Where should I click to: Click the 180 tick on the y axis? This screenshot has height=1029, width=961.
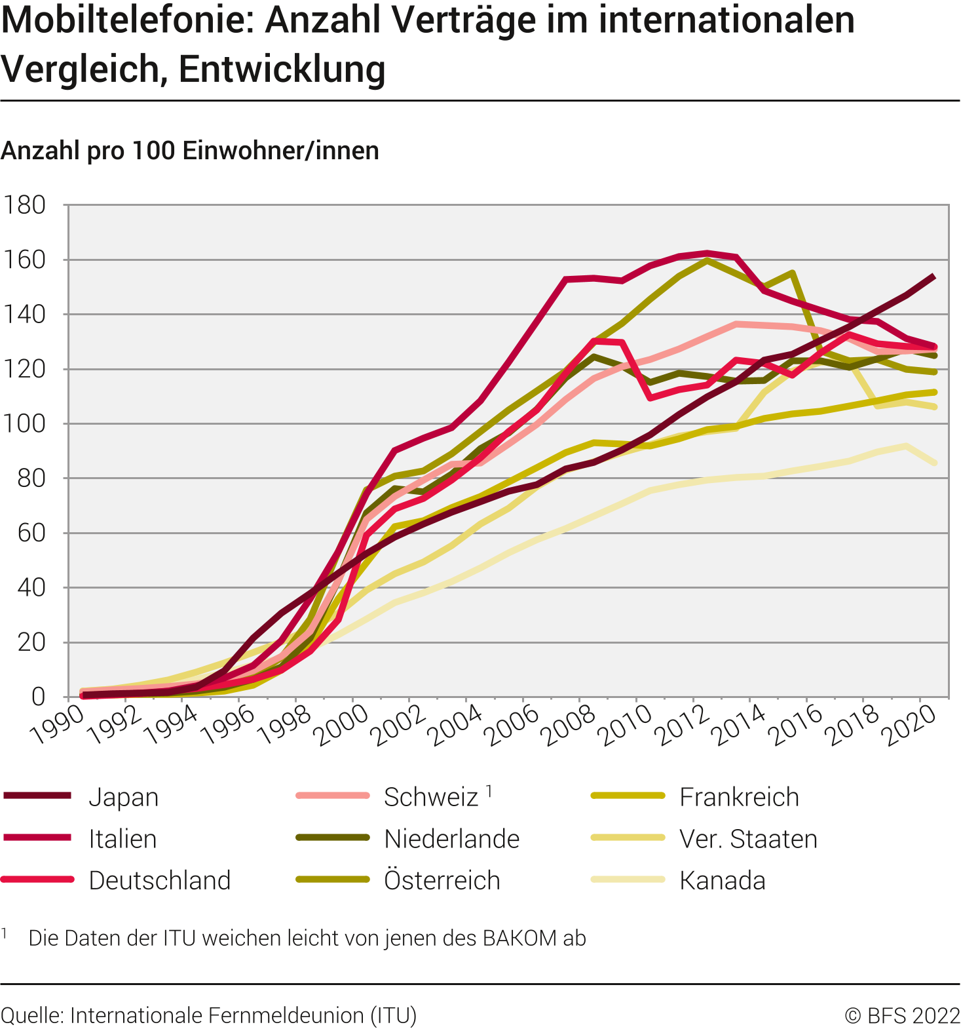[25, 205]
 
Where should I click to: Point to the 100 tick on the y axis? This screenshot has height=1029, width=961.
[25, 423]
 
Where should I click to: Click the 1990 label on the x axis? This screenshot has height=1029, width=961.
[58, 726]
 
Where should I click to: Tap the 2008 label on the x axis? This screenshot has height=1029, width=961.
[570, 726]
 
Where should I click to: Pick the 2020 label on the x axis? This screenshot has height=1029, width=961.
[911, 726]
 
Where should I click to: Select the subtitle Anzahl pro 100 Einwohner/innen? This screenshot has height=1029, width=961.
[190, 151]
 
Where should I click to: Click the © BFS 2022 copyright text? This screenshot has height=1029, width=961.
[902, 1015]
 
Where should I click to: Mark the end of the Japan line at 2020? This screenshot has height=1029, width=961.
[933, 277]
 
